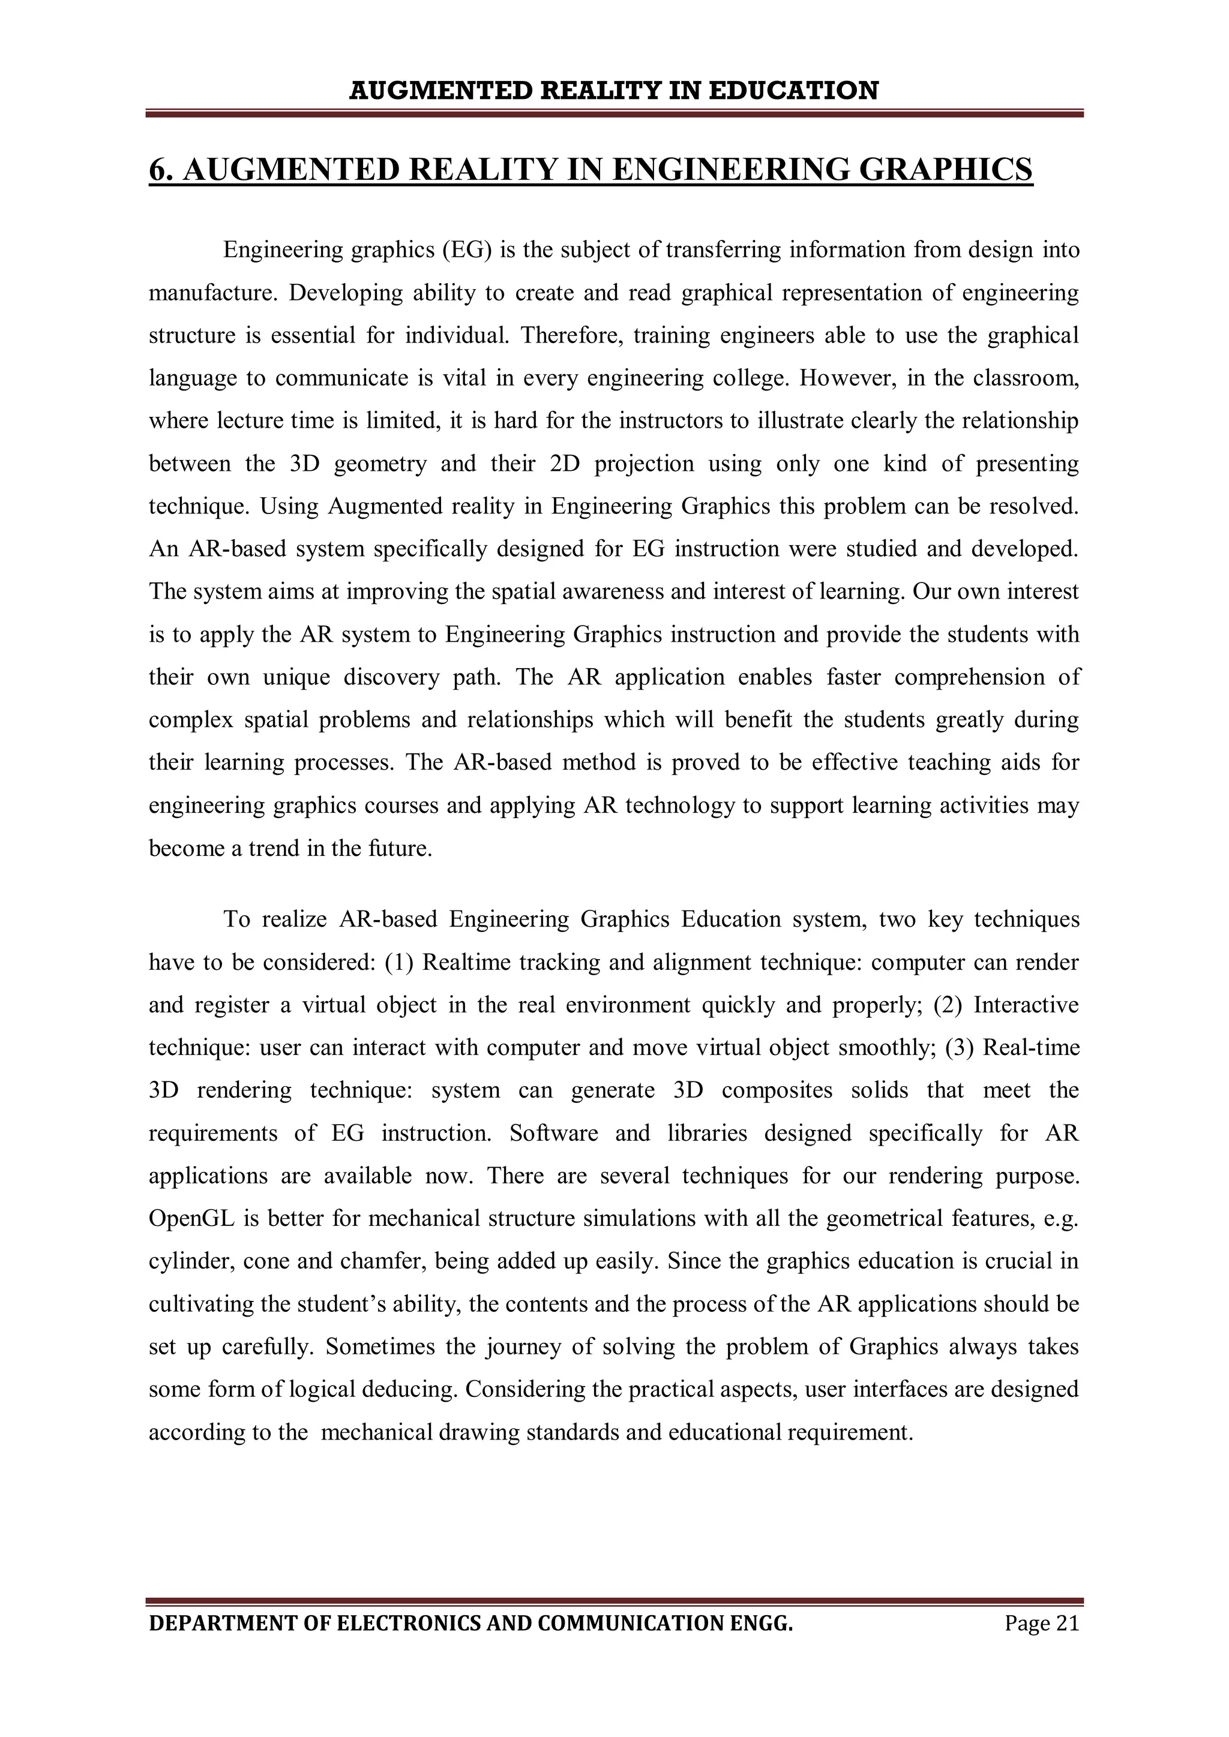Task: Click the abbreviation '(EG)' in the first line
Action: pos(467,250)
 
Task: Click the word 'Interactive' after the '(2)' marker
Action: pos(1026,1005)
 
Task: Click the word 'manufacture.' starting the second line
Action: pos(214,293)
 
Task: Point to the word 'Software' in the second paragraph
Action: pos(553,1133)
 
